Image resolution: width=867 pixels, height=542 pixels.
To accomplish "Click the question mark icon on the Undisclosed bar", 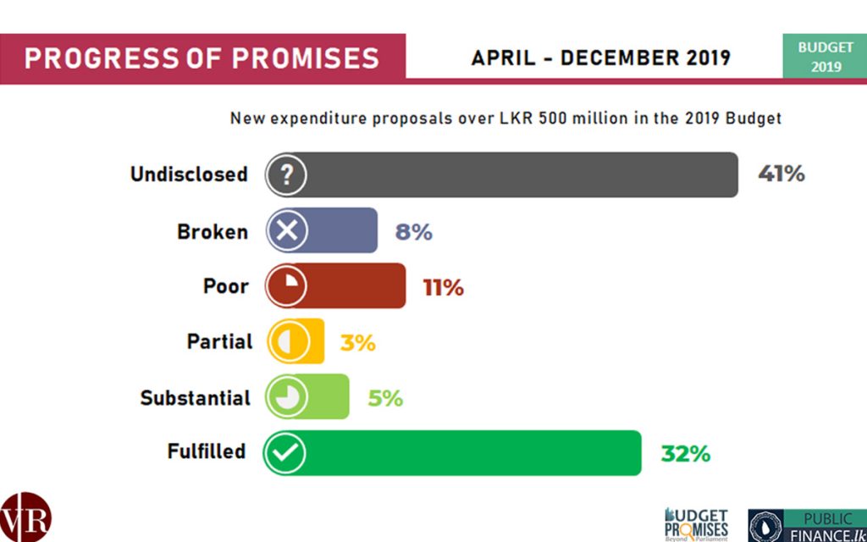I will tap(286, 175).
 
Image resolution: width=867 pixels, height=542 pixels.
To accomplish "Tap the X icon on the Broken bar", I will tap(286, 231).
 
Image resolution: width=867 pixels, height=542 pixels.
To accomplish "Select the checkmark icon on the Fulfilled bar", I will tap(285, 454).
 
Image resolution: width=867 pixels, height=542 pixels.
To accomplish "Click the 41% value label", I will tap(781, 174).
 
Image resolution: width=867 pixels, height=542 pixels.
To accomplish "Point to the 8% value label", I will tap(413, 231).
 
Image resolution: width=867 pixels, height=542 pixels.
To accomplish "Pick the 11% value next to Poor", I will tap(443, 287).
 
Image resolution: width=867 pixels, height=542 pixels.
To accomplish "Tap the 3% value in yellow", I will tap(357, 343).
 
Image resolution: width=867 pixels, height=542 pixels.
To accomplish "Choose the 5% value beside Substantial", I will tap(384, 398).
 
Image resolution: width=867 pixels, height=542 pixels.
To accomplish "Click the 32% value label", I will tap(685, 454).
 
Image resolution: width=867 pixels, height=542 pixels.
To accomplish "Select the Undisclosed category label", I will tap(189, 174).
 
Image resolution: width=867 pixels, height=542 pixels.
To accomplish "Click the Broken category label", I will tap(213, 231).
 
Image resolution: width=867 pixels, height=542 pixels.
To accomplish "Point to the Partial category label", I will tap(219, 342).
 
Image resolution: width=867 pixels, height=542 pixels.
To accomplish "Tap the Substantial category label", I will tap(195, 398).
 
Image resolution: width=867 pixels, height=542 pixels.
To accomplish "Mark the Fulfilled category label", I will tap(206, 451).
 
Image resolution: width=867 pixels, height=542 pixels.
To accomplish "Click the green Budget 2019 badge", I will tap(826, 57).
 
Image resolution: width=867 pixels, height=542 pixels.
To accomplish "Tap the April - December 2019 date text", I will tap(600, 58).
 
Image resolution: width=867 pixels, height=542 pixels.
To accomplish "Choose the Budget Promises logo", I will tap(696, 524).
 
